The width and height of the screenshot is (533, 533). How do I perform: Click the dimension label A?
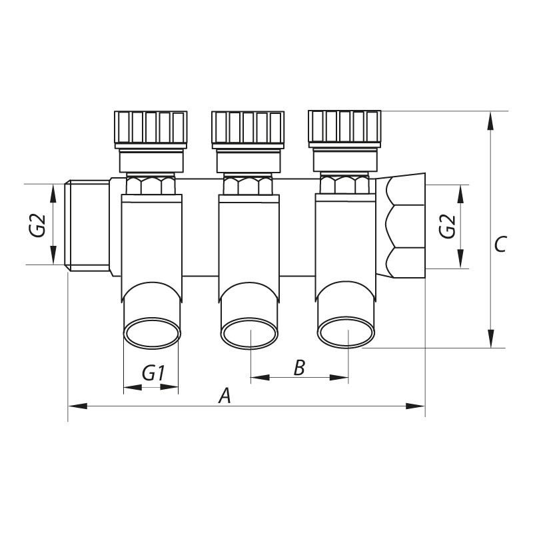[225, 396]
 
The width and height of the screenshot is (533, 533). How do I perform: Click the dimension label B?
[299, 367]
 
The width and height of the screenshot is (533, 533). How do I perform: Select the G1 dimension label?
[153, 374]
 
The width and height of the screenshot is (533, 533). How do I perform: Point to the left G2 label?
[37, 225]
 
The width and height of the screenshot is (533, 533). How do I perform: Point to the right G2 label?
[448, 227]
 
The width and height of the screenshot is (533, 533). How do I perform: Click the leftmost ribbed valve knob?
[151, 129]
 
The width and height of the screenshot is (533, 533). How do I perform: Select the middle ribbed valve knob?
[248, 129]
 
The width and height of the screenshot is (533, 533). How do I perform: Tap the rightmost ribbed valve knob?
[345, 128]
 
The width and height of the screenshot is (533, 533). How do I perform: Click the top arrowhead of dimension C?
[490, 120]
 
